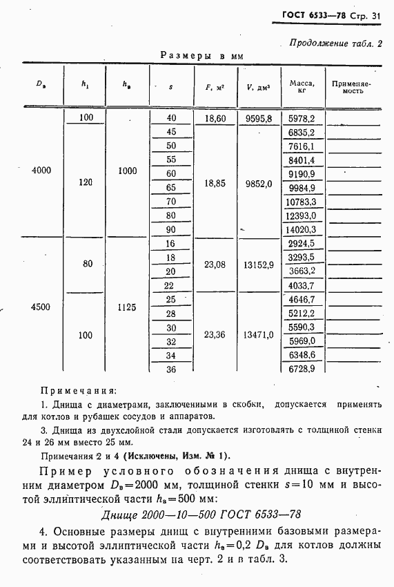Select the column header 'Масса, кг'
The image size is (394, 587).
pos(302,86)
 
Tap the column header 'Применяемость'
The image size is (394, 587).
pos(352,86)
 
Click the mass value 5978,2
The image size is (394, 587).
pos(302,119)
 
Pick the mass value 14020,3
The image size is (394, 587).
pos(302,230)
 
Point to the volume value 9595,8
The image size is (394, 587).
pos(259,119)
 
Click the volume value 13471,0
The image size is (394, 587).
pos(259,335)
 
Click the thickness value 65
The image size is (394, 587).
pos(172,187)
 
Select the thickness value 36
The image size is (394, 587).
pos(172,369)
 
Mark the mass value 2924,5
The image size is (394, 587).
pos(302,244)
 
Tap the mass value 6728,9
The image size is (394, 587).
pos(302,369)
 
